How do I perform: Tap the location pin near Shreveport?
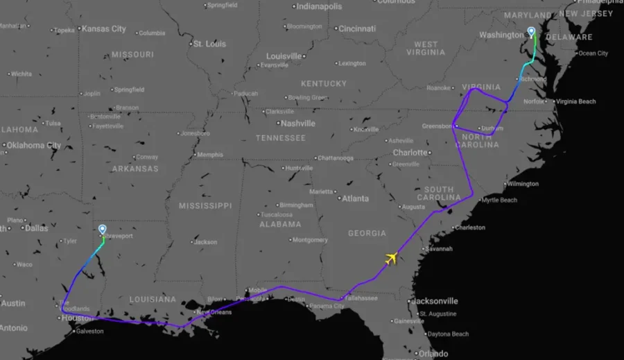click(x=103, y=230)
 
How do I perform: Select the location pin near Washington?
click(x=532, y=32)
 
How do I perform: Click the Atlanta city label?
click(x=355, y=198)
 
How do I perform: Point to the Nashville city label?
click(x=298, y=123)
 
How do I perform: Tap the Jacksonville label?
click(x=435, y=301)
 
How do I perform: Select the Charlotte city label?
click(x=410, y=153)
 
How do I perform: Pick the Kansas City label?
click(x=103, y=29)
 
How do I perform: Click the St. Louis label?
click(x=209, y=44)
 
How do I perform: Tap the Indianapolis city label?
click(x=319, y=7)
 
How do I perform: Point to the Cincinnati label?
click(x=356, y=28)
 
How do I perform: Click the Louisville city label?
click(x=285, y=56)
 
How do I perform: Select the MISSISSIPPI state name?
click(x=205, y=206)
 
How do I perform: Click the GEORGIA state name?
click(x=367, y=234)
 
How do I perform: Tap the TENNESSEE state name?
click(x=280, y=138)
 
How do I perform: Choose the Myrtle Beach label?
click(x=499, y=200)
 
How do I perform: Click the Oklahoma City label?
click(x=33, y=146)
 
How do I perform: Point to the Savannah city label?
click(x=439, y=248)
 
